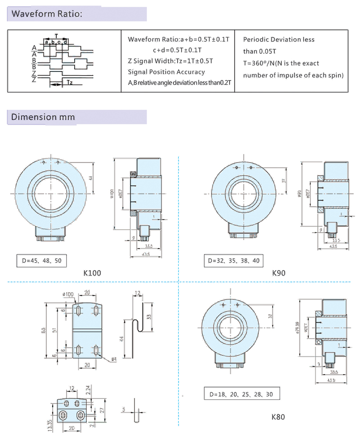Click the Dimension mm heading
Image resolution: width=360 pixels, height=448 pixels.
pyautogui.click(x=43, y=118)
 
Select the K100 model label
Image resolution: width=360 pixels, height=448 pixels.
pyautogui.click(x=92, y=273)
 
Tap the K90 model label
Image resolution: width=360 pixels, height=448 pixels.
pyautogui.click(x=279, y=273)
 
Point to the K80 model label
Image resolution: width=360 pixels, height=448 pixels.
pyautogui.click(x=278, y=417)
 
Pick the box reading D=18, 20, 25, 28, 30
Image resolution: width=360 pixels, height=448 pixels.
pyautogui.click(x=241, y=395)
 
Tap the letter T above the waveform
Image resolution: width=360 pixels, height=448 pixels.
pyautogui.click(x=56, y=35)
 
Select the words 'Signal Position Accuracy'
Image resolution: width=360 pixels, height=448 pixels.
pyautogui.click(x=166, y=72)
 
